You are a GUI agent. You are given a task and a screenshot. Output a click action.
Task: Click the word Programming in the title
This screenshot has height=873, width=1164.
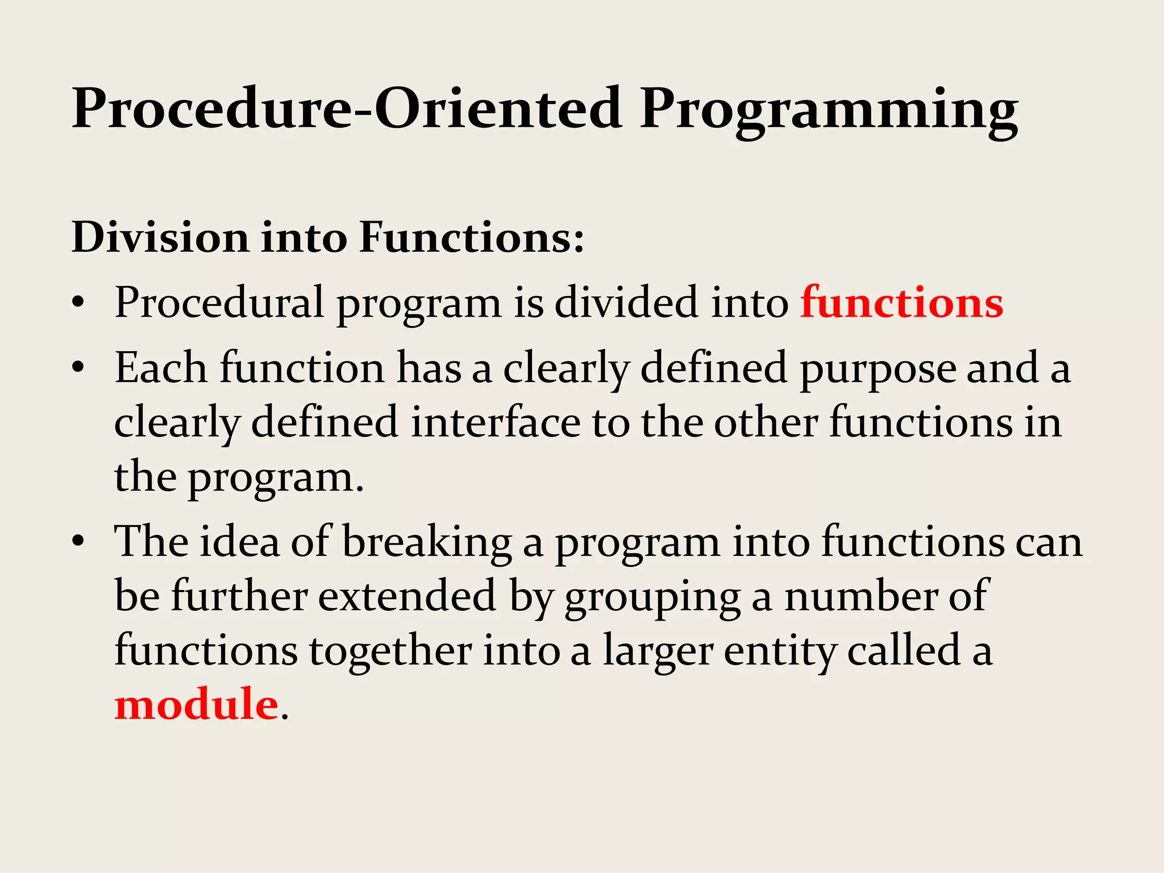coord(829,109)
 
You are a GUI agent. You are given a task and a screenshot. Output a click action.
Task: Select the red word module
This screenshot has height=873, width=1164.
coord(196,704)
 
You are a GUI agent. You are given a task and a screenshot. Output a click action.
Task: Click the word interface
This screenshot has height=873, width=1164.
coord(495,423)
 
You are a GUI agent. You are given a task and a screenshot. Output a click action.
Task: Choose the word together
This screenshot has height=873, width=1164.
coord(390,651)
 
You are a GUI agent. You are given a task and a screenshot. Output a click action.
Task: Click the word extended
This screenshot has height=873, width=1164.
coord(407,596)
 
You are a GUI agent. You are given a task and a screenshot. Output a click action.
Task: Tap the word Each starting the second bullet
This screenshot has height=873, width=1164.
coord(161,368)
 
